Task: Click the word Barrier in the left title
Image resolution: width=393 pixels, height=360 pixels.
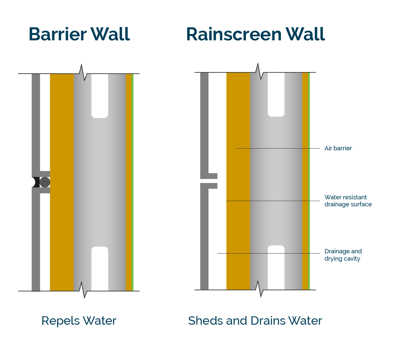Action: (x=58, y=34)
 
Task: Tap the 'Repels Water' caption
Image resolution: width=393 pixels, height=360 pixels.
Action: (x=79, y=321)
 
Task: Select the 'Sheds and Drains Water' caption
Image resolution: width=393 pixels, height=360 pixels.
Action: (x=255, y=321)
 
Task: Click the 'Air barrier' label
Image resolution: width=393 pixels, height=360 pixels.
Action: (x=338, y=148)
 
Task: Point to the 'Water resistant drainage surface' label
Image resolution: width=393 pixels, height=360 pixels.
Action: (x=348, y=201)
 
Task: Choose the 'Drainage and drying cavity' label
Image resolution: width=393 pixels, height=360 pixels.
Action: (x=343, y=255)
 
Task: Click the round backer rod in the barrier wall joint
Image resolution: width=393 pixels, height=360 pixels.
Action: (x=45, y=182)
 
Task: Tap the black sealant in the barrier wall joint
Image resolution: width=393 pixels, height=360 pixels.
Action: (x=36, y=182)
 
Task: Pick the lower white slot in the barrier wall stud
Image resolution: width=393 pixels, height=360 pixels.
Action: (x=100, y=268)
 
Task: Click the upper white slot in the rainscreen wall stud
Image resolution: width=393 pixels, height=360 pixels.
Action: (x=276, y=94)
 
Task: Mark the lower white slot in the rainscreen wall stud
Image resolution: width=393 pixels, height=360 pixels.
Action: (x=276, y=267)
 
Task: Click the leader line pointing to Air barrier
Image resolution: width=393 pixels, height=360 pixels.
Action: (x=278, y=148)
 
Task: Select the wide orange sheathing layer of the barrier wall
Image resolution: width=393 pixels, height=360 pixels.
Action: (x=62, y=133)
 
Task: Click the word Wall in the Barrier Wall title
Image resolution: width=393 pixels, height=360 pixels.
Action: (x=110, y=34)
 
